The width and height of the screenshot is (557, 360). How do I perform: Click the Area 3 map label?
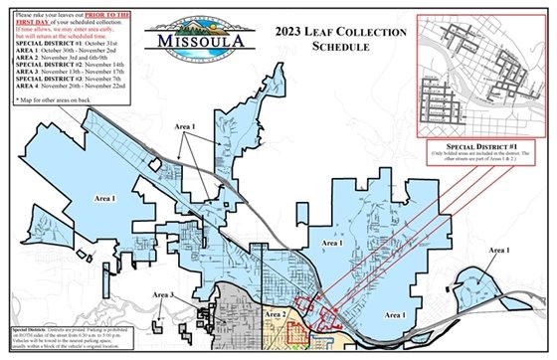[164, 295]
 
